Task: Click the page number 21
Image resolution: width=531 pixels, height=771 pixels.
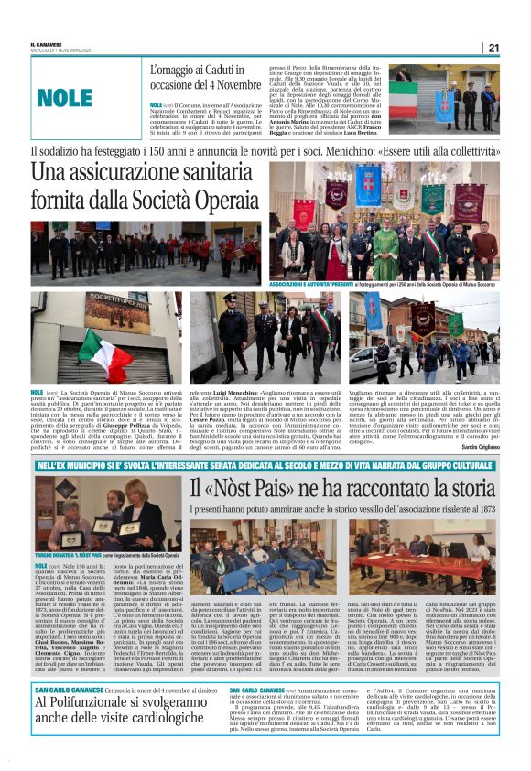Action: click(493, 48)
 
